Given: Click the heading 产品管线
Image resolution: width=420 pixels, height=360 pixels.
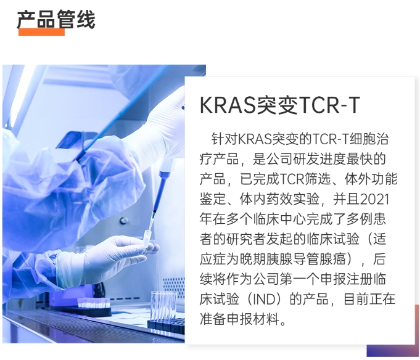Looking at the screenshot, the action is [x=56, y=19].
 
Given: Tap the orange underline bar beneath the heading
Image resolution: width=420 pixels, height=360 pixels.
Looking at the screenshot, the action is [x=41, y=32].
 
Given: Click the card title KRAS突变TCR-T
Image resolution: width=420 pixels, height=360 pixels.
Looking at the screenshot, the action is [x=279, y=105].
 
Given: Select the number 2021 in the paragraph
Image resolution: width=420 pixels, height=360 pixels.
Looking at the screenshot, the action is [x=374, y=199].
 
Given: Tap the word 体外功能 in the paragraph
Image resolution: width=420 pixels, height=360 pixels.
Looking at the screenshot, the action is [x=371, y=179].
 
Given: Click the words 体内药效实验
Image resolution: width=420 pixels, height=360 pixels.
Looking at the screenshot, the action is [x=279, y=199].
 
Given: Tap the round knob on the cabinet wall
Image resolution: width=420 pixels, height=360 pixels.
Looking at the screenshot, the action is [x=124, y=221].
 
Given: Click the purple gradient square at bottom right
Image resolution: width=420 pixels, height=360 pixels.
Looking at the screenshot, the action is [x=393, y=351].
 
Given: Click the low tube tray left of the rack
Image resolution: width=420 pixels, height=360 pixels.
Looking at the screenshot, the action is [x=94, y=306].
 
